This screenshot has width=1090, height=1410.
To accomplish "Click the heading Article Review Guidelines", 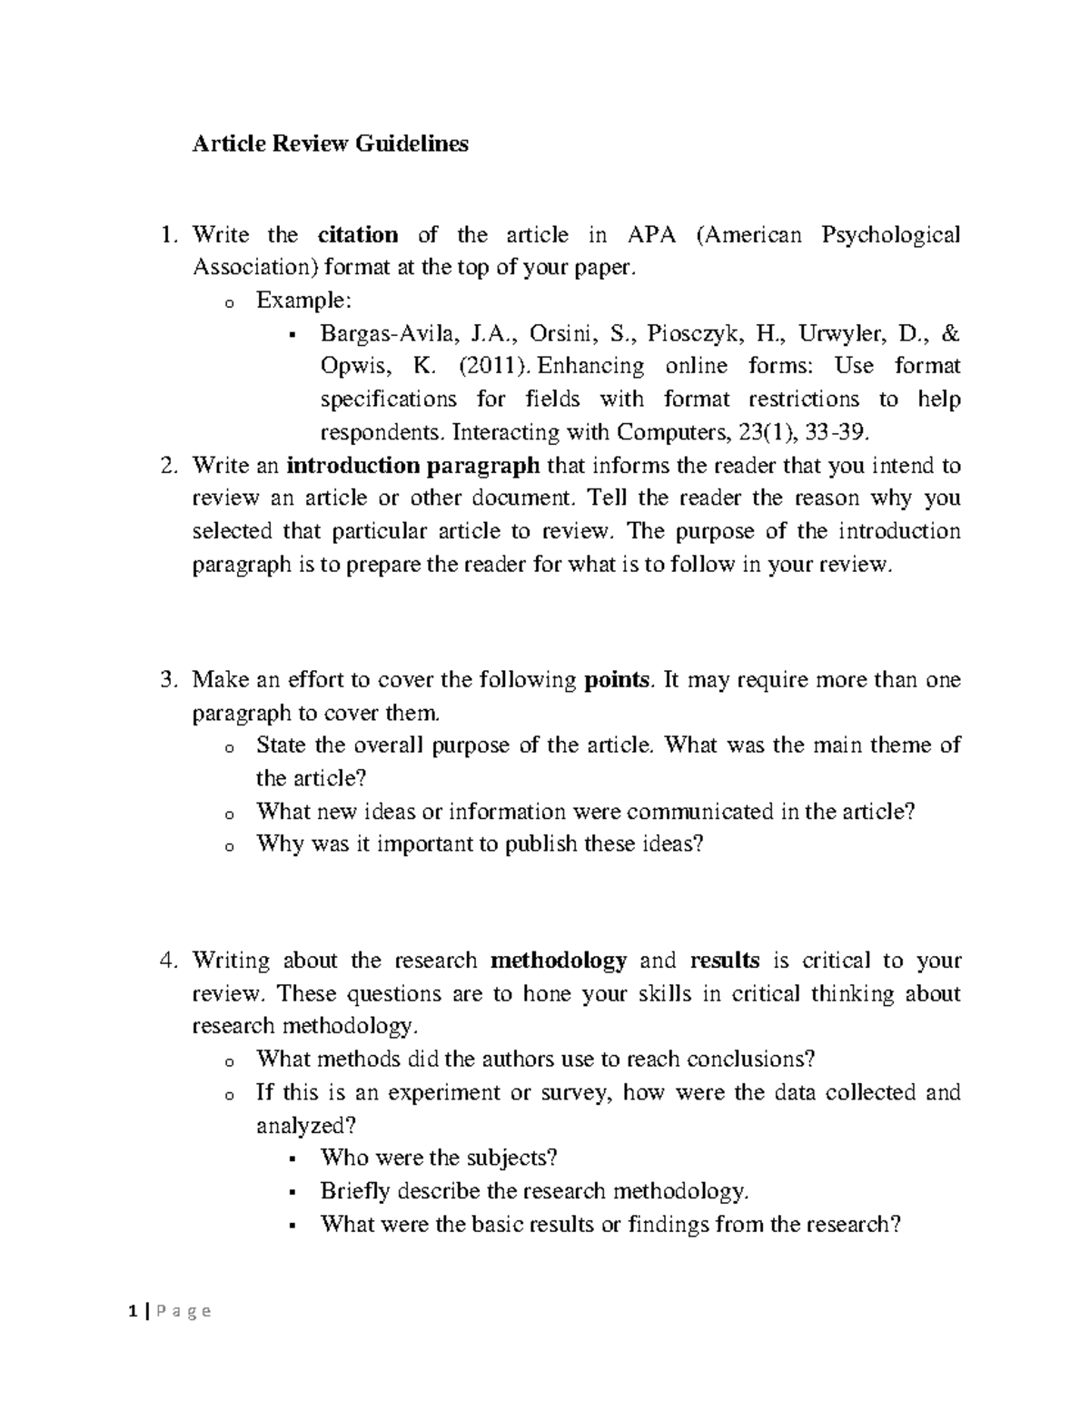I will [x=330, y=143].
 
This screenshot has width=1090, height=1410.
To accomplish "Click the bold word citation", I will [x=358, y=235].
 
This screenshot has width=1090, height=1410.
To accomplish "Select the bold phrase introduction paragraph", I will [x=413, y=466].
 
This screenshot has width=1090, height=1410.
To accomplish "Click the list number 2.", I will [x=167, y=467].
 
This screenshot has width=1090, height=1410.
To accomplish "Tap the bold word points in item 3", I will [x=617, y=680].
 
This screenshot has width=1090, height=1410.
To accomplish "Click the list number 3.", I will [x=167, y=681].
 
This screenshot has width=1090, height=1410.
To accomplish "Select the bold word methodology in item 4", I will [x=559, y=961].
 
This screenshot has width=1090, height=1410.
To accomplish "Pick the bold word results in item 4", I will [x=724, y=961].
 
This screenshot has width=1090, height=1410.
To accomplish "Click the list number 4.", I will [x=167, y=961].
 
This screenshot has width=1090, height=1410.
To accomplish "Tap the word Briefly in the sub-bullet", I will [x=355, y=1190].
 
